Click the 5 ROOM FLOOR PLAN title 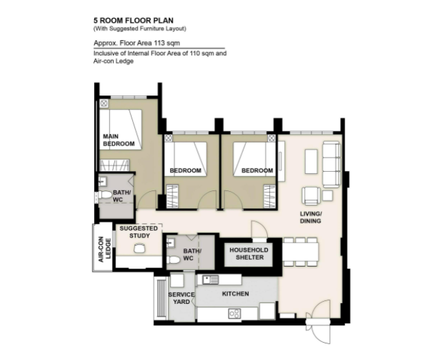tap(134, 21)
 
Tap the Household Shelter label tap(249, 253)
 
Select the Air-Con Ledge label tap(105, 249)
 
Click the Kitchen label tap(235, 294)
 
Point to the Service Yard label tap(181, 298)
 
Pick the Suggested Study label tap(138, 232)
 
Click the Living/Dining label tap(310, 217)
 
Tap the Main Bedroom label tap(118, 140)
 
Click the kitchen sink tap(210, 280)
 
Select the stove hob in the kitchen tap(234, 314)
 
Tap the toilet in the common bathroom tap(173, 260)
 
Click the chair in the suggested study tap(139, 249)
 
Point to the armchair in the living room tap(311, 195)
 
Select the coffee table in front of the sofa tap(311, 161)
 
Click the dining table tap(300, 252)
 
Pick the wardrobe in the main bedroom tap(114, 165)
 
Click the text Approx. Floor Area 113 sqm tap(136, 43)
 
